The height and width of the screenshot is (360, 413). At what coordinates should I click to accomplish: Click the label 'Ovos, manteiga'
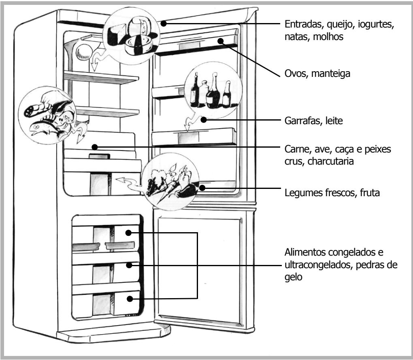coord(311,74)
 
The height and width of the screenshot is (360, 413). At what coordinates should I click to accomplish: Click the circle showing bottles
coord(212,91)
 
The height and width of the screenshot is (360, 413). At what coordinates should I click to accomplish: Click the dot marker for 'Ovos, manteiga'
coord(221,40)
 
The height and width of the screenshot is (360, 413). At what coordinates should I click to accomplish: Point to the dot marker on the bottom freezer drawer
coord(128,299)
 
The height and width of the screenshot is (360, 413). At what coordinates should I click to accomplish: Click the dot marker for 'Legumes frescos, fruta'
coord(202,187)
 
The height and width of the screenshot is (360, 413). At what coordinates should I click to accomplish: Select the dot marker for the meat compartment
coord(94,147)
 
